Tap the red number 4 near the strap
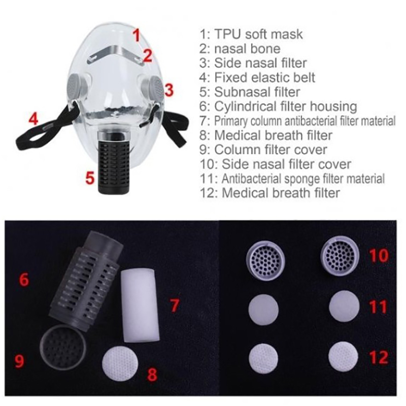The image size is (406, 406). click(x=33, y=119)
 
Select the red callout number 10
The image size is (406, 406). click(x=379, y=255)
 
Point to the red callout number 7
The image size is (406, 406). click(x=175, y=305)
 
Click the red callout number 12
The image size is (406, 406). click(x=379, y=358)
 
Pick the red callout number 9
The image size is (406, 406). click(x=19, y=361)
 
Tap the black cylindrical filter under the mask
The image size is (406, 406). click(x=113, y=161)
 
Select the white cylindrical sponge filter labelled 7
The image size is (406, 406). click(x=140, y=306)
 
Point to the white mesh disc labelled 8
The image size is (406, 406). click(x=120, y=363)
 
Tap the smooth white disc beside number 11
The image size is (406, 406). click(x=344, y=306)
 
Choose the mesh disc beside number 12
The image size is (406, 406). click(x=343, y=357)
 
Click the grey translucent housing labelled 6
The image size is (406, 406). click(x=87, y=280)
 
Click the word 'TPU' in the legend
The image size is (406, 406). click(x=227, y=34)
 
